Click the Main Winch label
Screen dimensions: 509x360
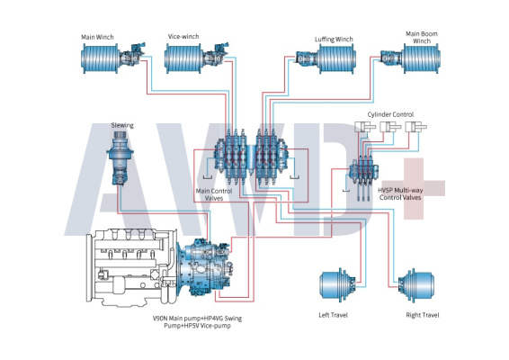click(97, 37)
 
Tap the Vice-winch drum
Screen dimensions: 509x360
click(183, 58)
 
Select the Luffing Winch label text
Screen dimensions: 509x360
click(334, 40)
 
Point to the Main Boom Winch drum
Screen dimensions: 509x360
click(422, 58)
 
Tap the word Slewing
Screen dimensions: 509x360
click(122, 125)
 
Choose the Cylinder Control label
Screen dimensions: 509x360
click(390, 114)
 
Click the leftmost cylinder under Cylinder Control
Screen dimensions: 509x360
click(364, 127)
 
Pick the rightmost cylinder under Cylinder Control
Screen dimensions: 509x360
click(415, 127)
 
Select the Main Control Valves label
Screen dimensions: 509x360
click(214, 194)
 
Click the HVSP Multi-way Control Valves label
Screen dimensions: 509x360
click(400, 193)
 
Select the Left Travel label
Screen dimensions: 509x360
click(333, 315)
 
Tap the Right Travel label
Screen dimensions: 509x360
click(423, 315)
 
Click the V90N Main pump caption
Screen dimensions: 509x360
click(197, 321)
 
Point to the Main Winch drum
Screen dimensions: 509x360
click(100, 58)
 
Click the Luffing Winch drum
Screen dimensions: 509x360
click(336, 58)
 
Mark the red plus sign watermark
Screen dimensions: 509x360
click(414, 188)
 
